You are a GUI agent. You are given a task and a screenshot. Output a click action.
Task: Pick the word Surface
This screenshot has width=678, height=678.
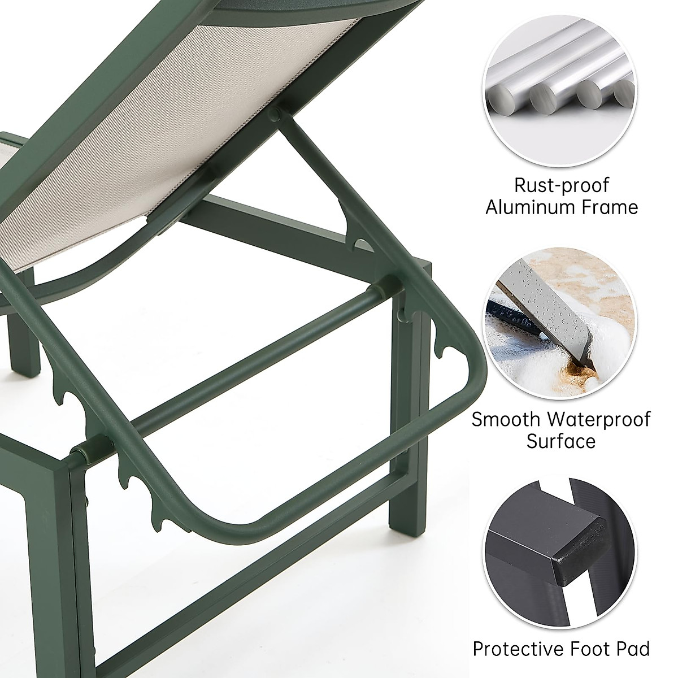pos(561,441)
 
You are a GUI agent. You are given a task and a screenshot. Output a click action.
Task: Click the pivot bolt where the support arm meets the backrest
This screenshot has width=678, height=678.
pos(275,114)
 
